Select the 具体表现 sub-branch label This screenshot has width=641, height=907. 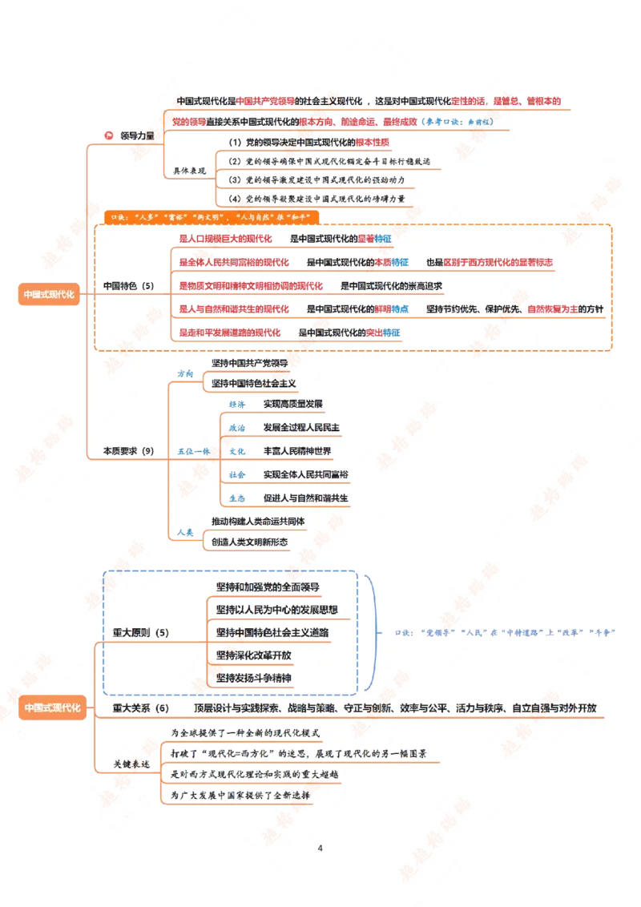190,171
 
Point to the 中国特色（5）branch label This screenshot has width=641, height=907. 128,285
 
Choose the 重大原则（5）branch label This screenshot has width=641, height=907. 141,633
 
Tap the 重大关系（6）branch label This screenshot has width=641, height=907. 141,708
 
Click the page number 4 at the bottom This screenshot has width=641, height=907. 320,848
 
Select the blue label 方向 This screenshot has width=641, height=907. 186,373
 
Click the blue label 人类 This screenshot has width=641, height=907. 186,532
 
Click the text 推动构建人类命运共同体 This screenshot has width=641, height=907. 258,521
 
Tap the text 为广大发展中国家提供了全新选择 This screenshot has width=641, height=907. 240,796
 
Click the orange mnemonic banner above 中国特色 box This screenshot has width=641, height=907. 212,216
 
